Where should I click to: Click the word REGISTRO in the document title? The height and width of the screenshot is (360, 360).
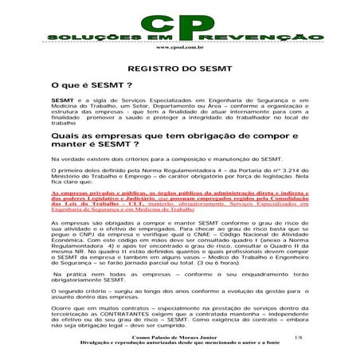tap(155, 69)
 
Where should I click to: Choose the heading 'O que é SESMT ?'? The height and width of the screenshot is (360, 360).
tap(86, 84)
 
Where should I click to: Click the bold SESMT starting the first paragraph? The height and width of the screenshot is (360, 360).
tap(61, 100)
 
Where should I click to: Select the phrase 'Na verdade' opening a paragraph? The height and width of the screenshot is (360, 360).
tap(65, 159)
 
